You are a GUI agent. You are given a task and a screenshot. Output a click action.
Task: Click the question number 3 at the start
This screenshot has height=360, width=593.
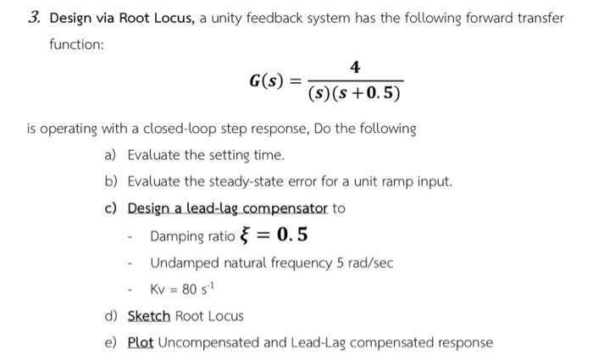click(x=32, y=18)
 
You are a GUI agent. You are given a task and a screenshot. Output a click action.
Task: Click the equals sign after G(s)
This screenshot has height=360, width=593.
click(x=295, y=82)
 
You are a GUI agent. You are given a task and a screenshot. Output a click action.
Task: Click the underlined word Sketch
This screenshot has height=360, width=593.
click(x=149, y=316)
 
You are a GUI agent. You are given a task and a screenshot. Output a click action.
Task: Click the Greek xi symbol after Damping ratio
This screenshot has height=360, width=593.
click(x=247, y=235)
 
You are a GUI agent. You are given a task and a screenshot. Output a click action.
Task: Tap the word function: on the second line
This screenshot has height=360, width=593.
click(x=75, y=45)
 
